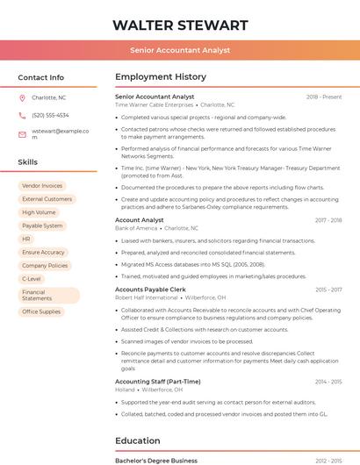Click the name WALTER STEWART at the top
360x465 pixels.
180,25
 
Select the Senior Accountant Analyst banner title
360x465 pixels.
180,51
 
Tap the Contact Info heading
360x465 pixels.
40,77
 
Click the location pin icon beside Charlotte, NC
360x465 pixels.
22,97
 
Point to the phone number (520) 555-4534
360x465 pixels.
50,115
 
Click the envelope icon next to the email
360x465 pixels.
22,134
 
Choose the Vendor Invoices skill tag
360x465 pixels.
42,186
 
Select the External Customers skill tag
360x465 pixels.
47,199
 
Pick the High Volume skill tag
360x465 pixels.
39,212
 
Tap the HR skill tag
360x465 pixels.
26,239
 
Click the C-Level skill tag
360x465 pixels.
32,278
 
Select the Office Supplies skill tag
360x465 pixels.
41,311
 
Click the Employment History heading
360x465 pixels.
161,77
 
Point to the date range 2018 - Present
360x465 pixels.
324,97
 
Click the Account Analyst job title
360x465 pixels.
140,220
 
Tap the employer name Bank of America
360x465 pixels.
136,228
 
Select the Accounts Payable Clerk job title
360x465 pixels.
150,289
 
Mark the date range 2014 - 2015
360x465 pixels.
328,382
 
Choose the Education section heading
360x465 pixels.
138,440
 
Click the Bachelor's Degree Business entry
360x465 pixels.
156,460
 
